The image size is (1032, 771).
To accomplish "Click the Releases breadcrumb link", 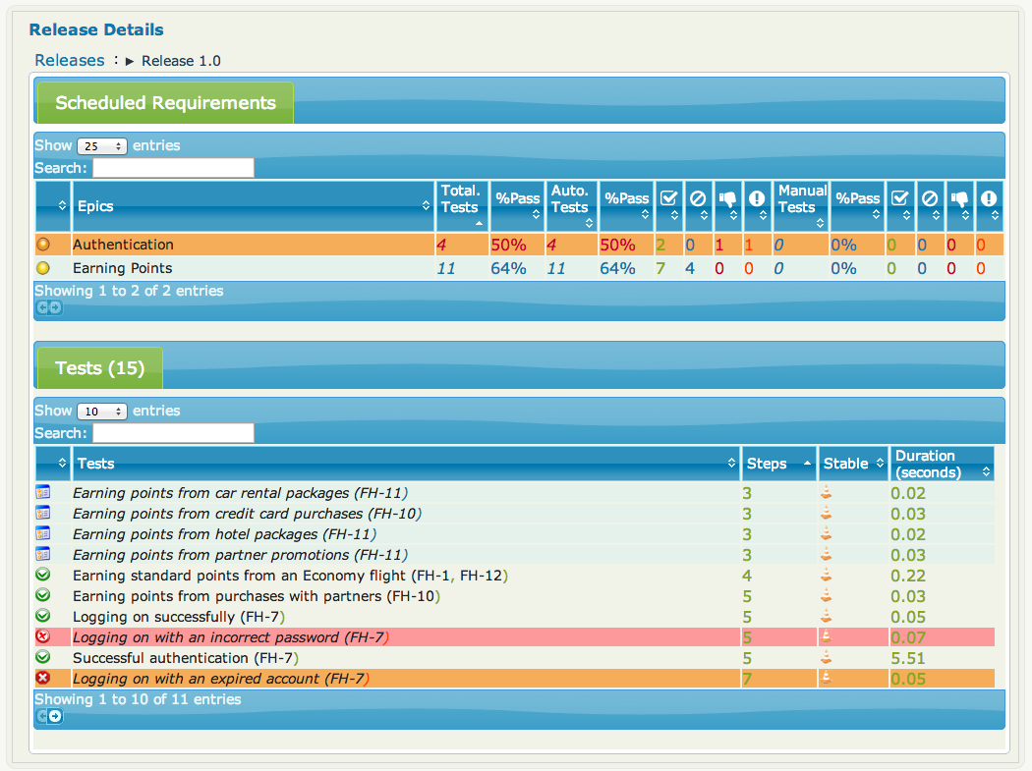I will pyautogui.click(x=69, y=60).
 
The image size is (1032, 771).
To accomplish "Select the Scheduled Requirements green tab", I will pyautogui.click(x=165, y=103).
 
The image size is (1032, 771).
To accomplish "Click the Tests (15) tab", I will pyautogui.click(x=99, y=368).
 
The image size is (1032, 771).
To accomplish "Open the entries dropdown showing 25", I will pyautogui.click(x=102, y=146).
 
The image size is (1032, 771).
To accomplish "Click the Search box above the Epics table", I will pyautogui.click(x=173, y=168).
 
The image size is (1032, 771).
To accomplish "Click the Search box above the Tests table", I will pyautogui.click(x=173, y=433).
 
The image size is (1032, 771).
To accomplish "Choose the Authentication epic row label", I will pyautogui.click(x=123, y=245).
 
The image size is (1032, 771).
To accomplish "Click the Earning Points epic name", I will pyautogui.click(x=122, y=268).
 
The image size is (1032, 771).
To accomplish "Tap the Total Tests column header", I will pyautogui.click(x=460, y=199).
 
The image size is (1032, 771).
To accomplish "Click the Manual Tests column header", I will pyautogui.click(x=801, y=199).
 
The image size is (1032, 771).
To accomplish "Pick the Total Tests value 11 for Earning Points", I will pyautogui.click(x=446, y=268).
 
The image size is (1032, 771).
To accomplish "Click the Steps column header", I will pyautogui.click(x=767, y=464).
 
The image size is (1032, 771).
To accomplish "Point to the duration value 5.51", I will pyautogui.click(x=908, y=658).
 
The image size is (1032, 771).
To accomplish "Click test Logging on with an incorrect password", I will pyautogui.click(x=230, y=637).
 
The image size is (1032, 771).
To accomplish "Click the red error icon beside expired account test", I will pyautogui.click(x=42, y=679).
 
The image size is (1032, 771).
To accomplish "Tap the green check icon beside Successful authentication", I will pyautogui.click(x=42, y=658).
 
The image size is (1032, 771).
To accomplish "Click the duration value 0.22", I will pyautogui.click(x=908, y=576).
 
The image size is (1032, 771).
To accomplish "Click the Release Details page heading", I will pyautogui.click(x=96, y=29).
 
